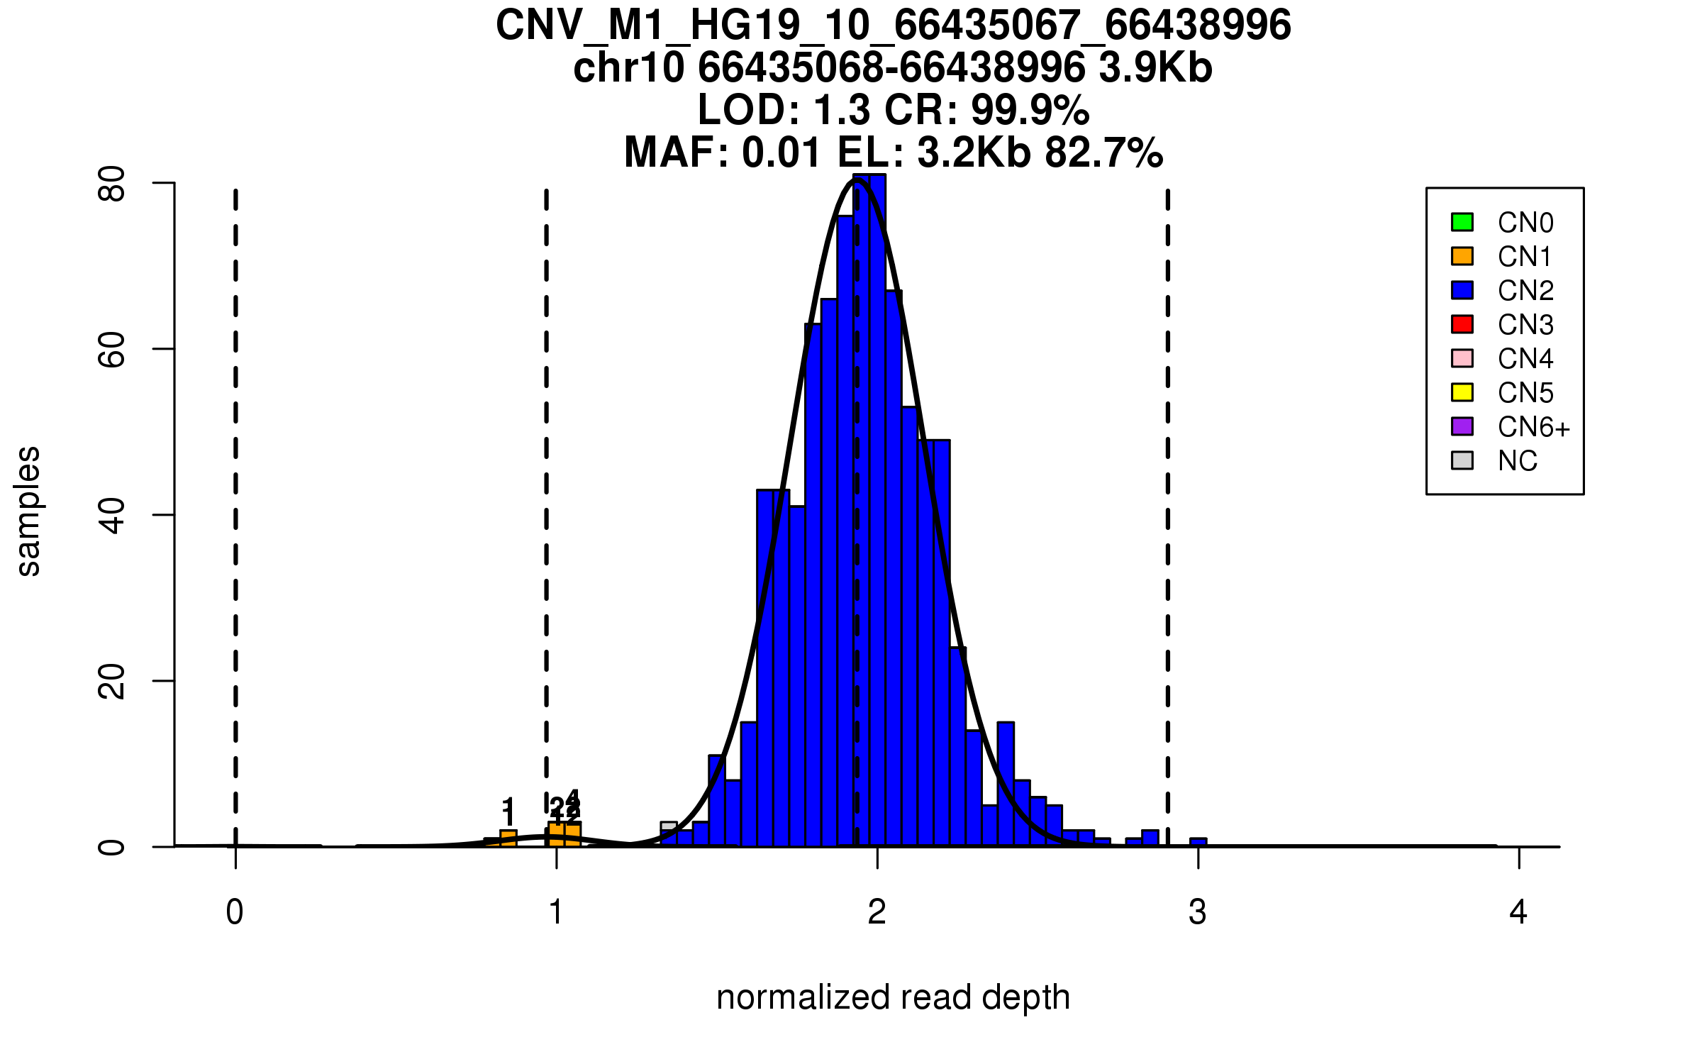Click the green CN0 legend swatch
(1462, 222)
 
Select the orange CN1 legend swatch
(1462, 256)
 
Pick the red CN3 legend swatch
(1462, 324)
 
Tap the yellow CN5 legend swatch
(1462, 392)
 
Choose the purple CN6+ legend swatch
(1462, 426)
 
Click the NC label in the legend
(1517, 461)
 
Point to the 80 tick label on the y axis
(112, 184)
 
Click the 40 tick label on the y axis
(112, 515)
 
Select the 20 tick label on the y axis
(112, 681)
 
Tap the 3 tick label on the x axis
(1198, 912)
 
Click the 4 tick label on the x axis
(1518, 912)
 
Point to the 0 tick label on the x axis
(235, 912)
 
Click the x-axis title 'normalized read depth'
(893, 997)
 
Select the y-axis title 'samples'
(28, 511)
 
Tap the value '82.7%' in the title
(1103, 153)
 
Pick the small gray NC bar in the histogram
(669, 826)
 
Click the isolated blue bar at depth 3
(1198, 843)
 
